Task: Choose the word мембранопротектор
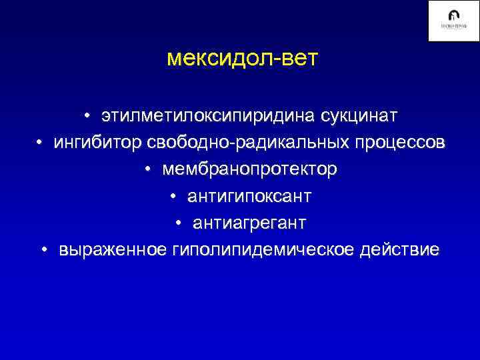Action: pos(249,170)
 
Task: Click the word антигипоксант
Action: pos(249,197)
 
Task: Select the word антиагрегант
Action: pos(250,223)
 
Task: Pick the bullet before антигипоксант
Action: pos(173,197)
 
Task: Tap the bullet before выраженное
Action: pos(44,251)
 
